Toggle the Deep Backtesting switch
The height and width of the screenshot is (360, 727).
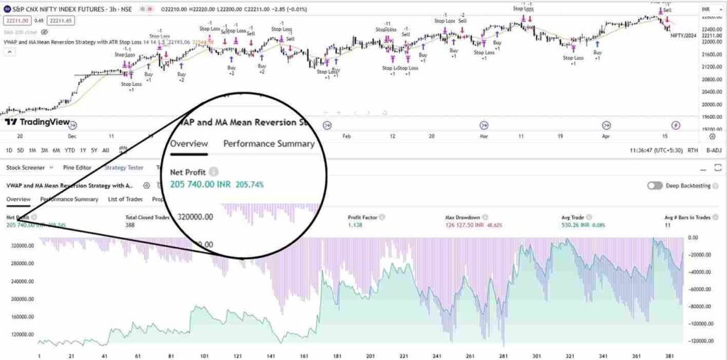655,185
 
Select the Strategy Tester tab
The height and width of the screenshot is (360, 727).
124,168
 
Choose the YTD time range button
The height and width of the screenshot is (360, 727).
70,150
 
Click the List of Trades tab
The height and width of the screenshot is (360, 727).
125,200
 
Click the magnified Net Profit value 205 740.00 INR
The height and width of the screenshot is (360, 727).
201,184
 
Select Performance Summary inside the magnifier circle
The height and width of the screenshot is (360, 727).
268,143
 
